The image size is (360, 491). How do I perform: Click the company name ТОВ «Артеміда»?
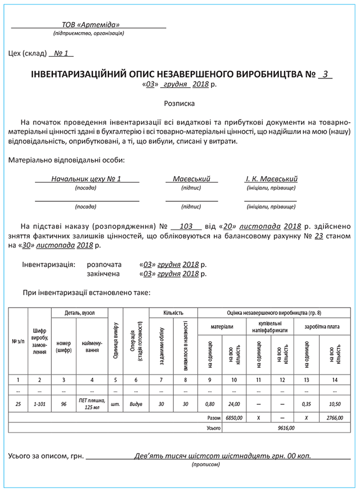click(91, 25)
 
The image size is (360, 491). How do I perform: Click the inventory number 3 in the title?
click(325, 74)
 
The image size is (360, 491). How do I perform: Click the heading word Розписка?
click(179, 103)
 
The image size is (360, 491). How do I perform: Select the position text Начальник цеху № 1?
click(86, 179)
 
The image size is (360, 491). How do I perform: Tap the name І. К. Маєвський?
click(271, 179)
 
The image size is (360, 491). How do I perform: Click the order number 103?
click(186, 226)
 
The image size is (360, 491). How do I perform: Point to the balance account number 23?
click(318, 236)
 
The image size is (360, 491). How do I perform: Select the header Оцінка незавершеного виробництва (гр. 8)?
click(274, 313)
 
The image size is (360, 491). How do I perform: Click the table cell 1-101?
click(39, 404)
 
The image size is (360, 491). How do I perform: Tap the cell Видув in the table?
click(136, 404)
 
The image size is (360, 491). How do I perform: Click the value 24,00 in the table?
click(234, 404)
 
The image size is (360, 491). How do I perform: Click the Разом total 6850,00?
click(234, 418)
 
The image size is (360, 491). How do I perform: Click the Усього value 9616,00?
click(286, 427)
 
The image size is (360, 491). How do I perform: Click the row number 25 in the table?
click(18, 404)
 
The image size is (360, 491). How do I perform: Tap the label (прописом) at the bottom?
click(206, 465)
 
